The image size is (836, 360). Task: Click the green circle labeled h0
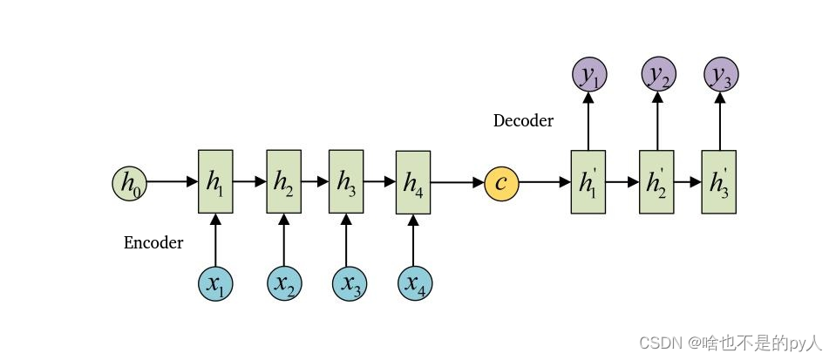(x=129, y=182)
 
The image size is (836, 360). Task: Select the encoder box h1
(x=215, y=181)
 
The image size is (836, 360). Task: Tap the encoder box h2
(x=283, y=181)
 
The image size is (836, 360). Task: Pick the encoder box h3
(x=346, y=181)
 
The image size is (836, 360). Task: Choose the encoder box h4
(x=413, y=182)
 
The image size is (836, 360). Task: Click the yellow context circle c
(x=501, y=182)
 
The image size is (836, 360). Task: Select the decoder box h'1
(x=588, y=181)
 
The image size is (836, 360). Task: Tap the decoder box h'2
(x=656, y=181)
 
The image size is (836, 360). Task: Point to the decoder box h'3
(x=719, y=181)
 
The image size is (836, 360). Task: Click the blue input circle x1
(x=215, y=283)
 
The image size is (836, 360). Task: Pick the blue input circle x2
(x=283, y=283)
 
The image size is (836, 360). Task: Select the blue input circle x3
(x=349, y=283)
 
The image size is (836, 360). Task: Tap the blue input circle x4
(x=415, y=283)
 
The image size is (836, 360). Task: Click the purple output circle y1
(x=588, y=76)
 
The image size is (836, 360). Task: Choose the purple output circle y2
(x=658, y=76)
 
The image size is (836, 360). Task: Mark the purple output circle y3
(x=720, y=76)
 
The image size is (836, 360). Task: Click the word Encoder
(x=153, y=242)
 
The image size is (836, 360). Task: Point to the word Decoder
(x=523, y=120)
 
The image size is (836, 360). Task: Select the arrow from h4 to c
(x=457, y=182)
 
